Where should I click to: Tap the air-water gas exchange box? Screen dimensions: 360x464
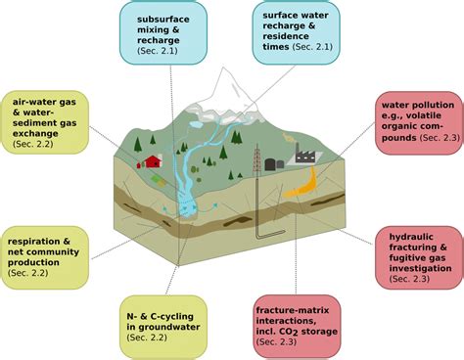[x=46, y=123]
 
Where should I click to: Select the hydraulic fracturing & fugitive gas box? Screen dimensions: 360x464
[x=417, y=253]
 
